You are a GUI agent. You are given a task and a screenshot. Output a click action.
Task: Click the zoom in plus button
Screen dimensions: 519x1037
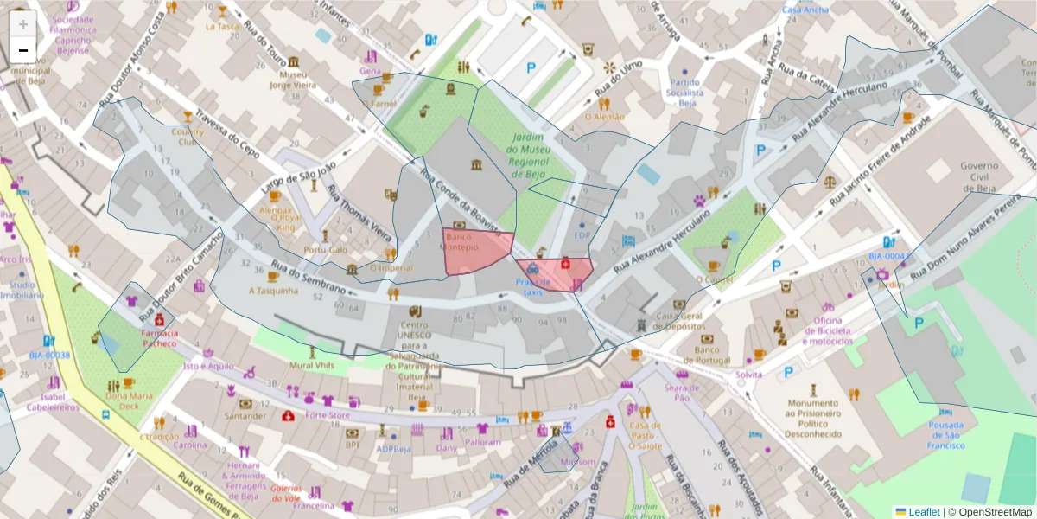[x=23, y=24]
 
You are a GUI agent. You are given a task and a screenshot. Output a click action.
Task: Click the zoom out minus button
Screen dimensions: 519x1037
[x=23, y=50]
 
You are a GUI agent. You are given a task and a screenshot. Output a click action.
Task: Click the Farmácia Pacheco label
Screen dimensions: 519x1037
[x=159, y=337]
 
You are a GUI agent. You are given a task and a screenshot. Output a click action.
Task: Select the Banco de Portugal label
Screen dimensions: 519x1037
[x=707, y=355]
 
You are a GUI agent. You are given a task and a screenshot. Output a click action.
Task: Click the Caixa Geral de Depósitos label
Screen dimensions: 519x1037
[x=679, y=321]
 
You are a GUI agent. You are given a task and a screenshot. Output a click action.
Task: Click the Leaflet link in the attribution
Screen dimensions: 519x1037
[x=923, y=512]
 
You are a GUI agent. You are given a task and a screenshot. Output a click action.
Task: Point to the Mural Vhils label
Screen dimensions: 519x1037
[x=312, y=365]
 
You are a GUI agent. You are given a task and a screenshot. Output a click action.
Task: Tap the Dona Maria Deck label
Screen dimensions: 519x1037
[x=128, y=400]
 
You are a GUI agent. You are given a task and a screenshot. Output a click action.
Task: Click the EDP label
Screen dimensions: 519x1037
[x=582, y=235]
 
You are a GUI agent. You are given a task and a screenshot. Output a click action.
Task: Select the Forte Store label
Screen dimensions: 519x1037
[x=328, y=414]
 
